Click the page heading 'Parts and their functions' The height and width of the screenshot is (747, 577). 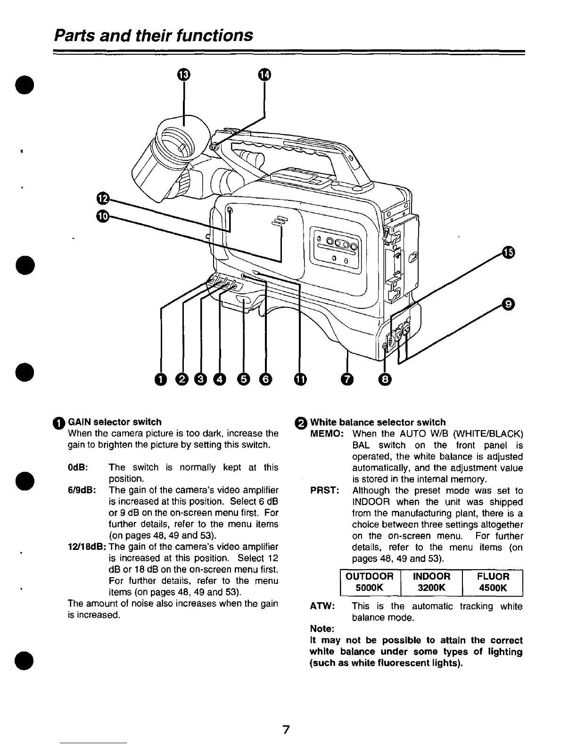click(154, 35)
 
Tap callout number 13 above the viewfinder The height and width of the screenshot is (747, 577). click(183, 75)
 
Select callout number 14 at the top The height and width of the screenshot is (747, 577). click(265, 75)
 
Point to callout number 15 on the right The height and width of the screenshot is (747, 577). click(508, 253)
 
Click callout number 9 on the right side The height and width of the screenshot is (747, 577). click(508, 305)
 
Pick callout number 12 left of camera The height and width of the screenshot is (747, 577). click(102, 197)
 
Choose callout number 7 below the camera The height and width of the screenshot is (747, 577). click(347, 379)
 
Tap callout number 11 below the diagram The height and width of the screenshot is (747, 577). click(300, 379)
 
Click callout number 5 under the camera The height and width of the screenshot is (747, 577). click(243, 379)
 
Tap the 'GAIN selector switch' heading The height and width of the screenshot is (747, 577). click(115, 422)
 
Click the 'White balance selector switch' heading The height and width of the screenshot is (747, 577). click(377, 422)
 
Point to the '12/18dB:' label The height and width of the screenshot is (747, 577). click(87, 547)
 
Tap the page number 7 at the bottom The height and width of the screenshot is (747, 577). click(285, 730)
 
